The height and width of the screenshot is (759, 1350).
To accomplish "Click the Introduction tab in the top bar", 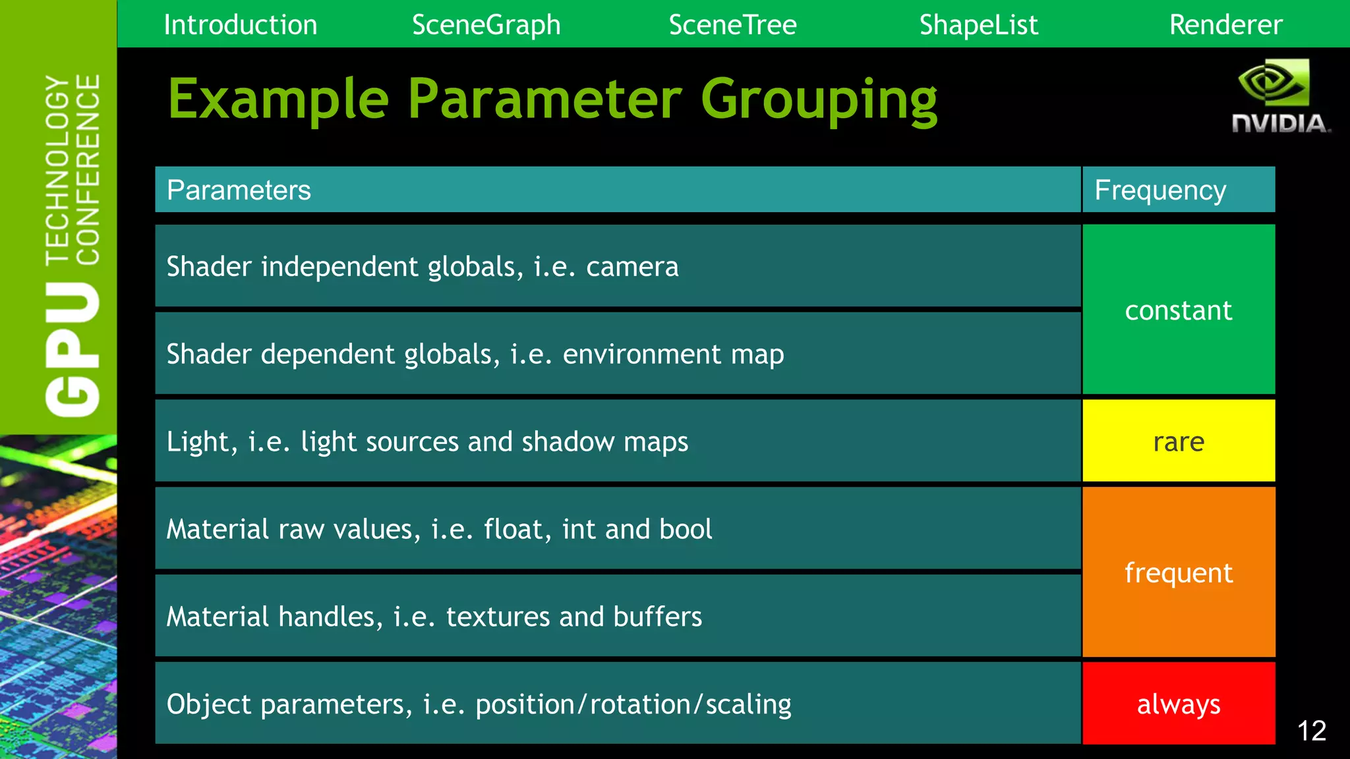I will tap(240, 25).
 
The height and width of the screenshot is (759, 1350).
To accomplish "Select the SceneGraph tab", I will tap(486, 25).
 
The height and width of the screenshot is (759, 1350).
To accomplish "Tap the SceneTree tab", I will tap(732, 25).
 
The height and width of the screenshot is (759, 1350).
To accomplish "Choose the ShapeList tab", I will tap(978, 25).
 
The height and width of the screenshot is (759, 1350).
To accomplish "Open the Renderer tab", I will tap(1225, 25).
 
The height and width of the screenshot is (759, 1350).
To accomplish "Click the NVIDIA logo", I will tap(1279, 96).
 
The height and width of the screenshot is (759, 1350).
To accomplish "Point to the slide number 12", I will tap(1311, 731).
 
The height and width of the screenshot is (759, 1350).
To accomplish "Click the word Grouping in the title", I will tap(819, 100).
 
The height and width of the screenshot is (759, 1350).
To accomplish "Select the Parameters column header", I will tap(239, 190).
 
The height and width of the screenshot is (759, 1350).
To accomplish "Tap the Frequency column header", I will tap(1160, 190).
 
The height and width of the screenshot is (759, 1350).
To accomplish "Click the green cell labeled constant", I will tap(1178, 310).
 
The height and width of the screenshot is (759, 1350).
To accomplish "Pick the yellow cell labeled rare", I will tap(1178, 441).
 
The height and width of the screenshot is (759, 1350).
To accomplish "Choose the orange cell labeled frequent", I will tap(1178, 573).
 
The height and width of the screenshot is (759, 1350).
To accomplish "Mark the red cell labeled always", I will tap(1178, 704).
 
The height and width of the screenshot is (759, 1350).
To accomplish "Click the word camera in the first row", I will tap(632, 267).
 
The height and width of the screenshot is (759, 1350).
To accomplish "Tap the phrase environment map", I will tap(673, 354).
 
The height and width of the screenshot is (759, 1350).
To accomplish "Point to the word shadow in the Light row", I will tap(568, 441).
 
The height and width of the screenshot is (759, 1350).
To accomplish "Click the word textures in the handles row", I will tap(498, 617).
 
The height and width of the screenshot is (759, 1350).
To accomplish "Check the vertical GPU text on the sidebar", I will tap(73, 349).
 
